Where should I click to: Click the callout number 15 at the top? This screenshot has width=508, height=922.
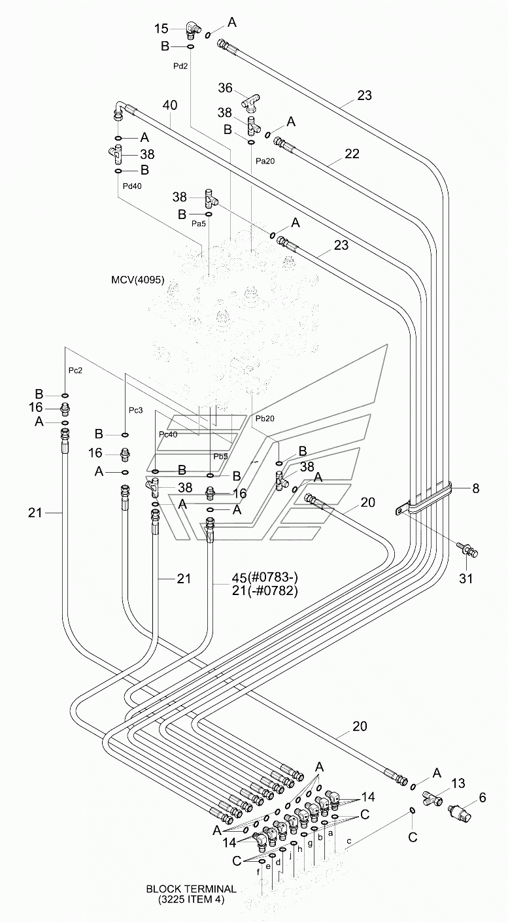coord(161,28)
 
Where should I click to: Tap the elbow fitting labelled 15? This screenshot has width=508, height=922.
coord(192,30)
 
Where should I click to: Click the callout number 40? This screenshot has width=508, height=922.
coord(170,105)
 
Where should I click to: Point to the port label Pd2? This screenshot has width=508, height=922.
coord(180,66)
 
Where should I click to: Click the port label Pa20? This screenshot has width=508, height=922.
coord(265,161)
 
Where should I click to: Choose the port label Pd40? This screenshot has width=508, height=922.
coord(132,186)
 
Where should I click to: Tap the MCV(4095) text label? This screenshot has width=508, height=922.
coord(138,281)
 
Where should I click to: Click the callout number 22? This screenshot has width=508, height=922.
coord(352,154)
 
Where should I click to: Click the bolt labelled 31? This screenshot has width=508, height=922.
coord(467,549)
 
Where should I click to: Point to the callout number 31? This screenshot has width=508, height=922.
coord(466,579)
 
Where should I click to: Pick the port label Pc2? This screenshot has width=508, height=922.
coord(75,371)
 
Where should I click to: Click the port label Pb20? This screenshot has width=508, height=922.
coord(265,418)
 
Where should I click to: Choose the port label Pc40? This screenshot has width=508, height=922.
coord(168,434)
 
